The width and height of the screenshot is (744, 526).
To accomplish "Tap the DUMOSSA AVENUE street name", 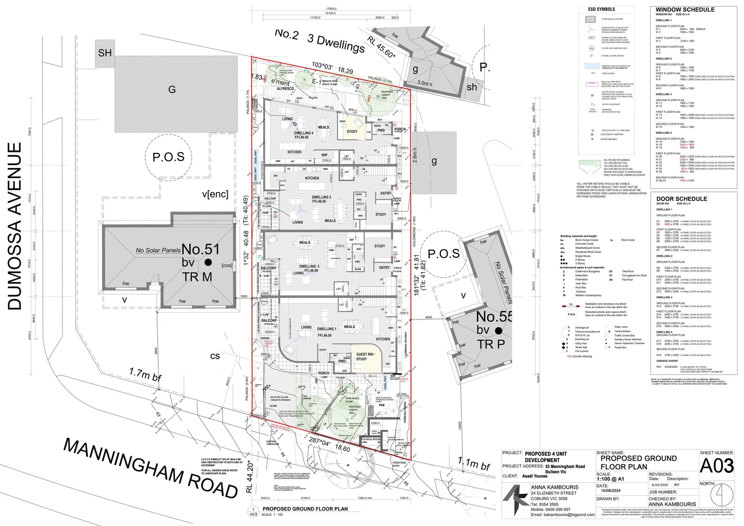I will pos(15,226).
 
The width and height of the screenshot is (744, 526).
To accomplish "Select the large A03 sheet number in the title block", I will pos(716,466).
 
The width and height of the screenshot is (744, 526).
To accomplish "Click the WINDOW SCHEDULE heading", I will pos(685,10).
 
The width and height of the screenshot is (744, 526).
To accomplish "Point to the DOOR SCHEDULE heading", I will pos(681,199).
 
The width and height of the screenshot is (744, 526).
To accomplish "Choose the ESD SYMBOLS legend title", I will pos(601,9).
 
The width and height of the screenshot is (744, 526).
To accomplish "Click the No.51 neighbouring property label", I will pos(200,249).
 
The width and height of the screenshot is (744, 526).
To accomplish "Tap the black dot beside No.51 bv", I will pos(208,263).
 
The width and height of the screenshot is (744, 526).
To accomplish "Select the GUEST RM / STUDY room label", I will pos(365,357).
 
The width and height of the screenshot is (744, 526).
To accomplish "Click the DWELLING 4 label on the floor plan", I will pos(303,133).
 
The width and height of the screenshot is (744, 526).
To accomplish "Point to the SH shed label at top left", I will pos(105,53).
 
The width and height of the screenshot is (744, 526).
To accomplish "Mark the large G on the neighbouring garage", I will pos(172,90).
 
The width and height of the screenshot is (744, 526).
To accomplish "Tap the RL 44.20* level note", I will pos(250,477).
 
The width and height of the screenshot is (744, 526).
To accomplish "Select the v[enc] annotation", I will pos(215,194).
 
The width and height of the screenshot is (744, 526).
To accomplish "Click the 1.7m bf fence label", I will pos(145,375).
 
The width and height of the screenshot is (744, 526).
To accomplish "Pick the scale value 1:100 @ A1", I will pos(610,479).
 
